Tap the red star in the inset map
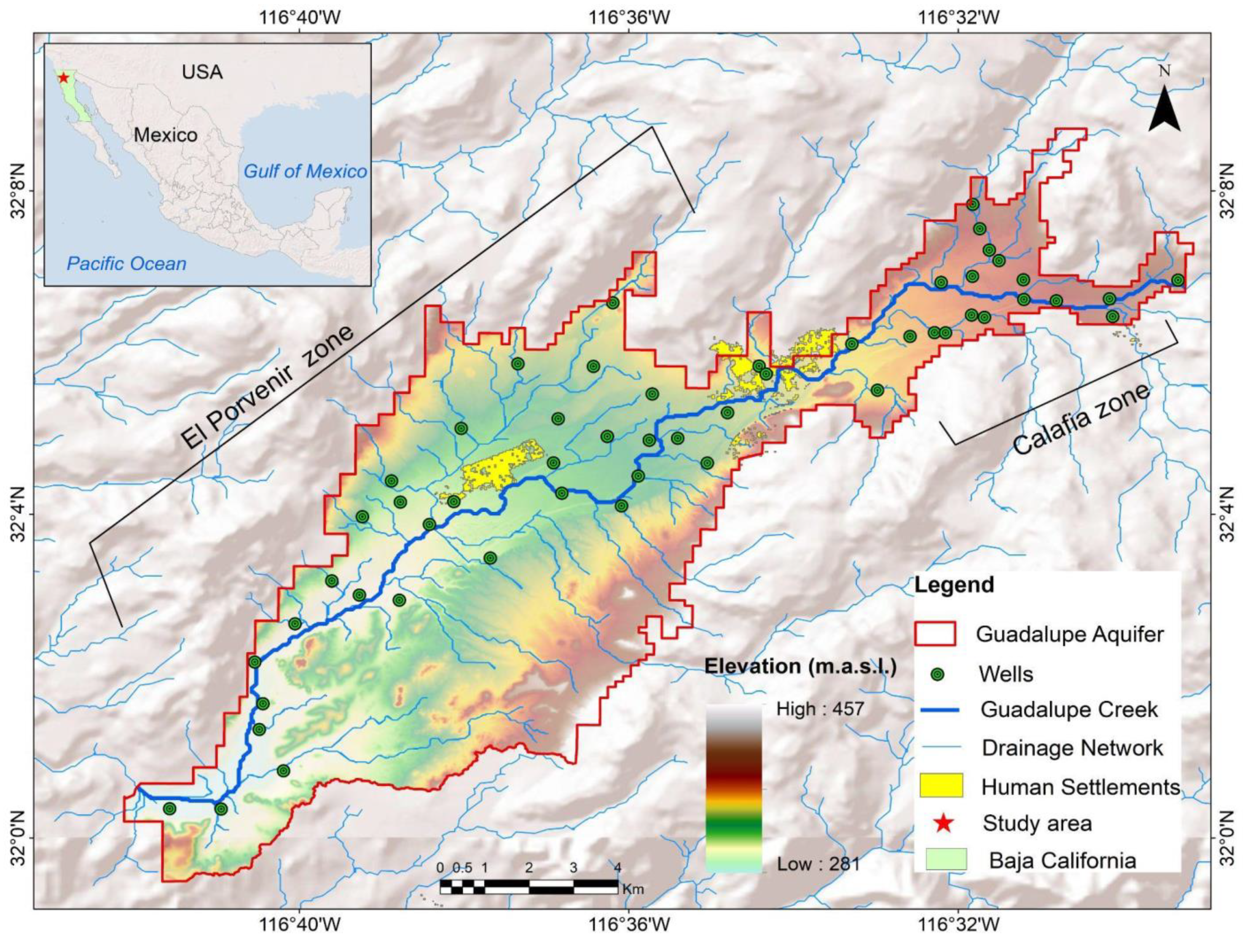click(64, 78)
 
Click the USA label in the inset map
click(202, 72)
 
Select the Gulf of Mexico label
click(305, 171)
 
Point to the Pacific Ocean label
click(126, 264)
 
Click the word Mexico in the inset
click(166, 135)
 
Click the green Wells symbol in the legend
click(938, 674)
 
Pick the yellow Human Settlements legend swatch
click(941, 786)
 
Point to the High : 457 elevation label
click(819, 709)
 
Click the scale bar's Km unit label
click(633, 890)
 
